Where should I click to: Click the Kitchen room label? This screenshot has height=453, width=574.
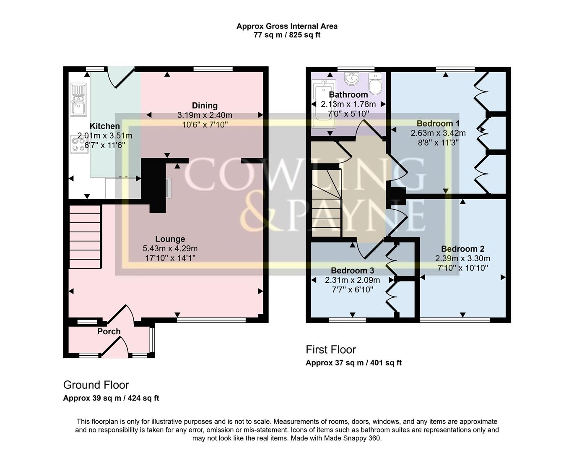(x=104, y=126)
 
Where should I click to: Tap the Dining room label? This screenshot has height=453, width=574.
(x=205, y=106)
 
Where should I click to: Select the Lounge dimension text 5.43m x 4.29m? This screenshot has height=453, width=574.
(x=170, y=248)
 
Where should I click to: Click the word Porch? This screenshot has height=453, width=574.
(x=109, y=331)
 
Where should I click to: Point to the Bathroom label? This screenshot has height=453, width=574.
(x=348, y=95)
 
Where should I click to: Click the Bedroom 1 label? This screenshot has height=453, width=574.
(x=438, y=123)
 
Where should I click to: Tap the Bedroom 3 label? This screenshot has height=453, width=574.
(x=352, y=271)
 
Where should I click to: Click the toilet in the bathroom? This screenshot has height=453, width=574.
(x=375, y=84)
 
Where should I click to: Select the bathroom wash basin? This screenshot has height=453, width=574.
(x=351, y=78)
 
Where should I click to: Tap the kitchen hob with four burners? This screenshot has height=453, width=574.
(x=79, y=144)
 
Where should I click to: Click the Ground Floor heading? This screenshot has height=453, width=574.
(x=96, y=385)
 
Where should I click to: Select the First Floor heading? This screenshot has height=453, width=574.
(x=331, y=349)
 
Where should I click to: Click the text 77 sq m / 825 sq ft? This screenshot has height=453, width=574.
(x=287, y=35)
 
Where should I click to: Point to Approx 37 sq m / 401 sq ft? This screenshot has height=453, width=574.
(x=353, y=363)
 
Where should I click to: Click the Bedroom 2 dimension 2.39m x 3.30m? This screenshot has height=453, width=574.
(x=462, y=258)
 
